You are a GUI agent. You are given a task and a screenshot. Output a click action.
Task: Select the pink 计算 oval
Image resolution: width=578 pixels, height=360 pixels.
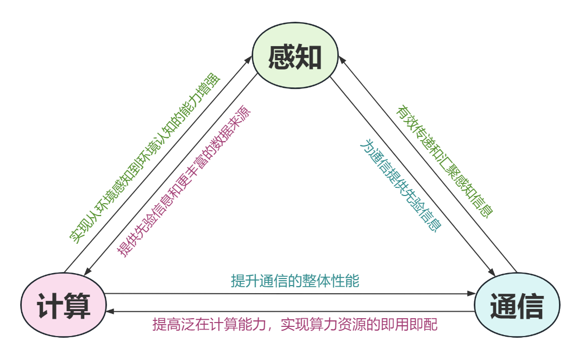click(64, 304)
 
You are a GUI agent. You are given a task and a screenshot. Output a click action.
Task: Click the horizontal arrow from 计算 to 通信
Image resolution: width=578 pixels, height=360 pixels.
click(288, 294)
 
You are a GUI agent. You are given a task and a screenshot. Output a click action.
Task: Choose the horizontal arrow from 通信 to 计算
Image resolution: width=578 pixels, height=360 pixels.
click(288, 312)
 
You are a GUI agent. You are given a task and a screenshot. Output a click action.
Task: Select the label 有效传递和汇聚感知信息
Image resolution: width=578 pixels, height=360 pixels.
click(444, 162)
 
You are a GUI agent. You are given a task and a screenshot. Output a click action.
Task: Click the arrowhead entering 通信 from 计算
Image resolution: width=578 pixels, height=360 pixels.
click(471, 294)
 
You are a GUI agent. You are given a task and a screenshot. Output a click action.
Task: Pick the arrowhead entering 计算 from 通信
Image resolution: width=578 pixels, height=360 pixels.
click(110, 312)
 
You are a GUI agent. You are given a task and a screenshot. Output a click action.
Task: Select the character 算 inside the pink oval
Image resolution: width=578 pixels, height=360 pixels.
click(77, 305)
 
